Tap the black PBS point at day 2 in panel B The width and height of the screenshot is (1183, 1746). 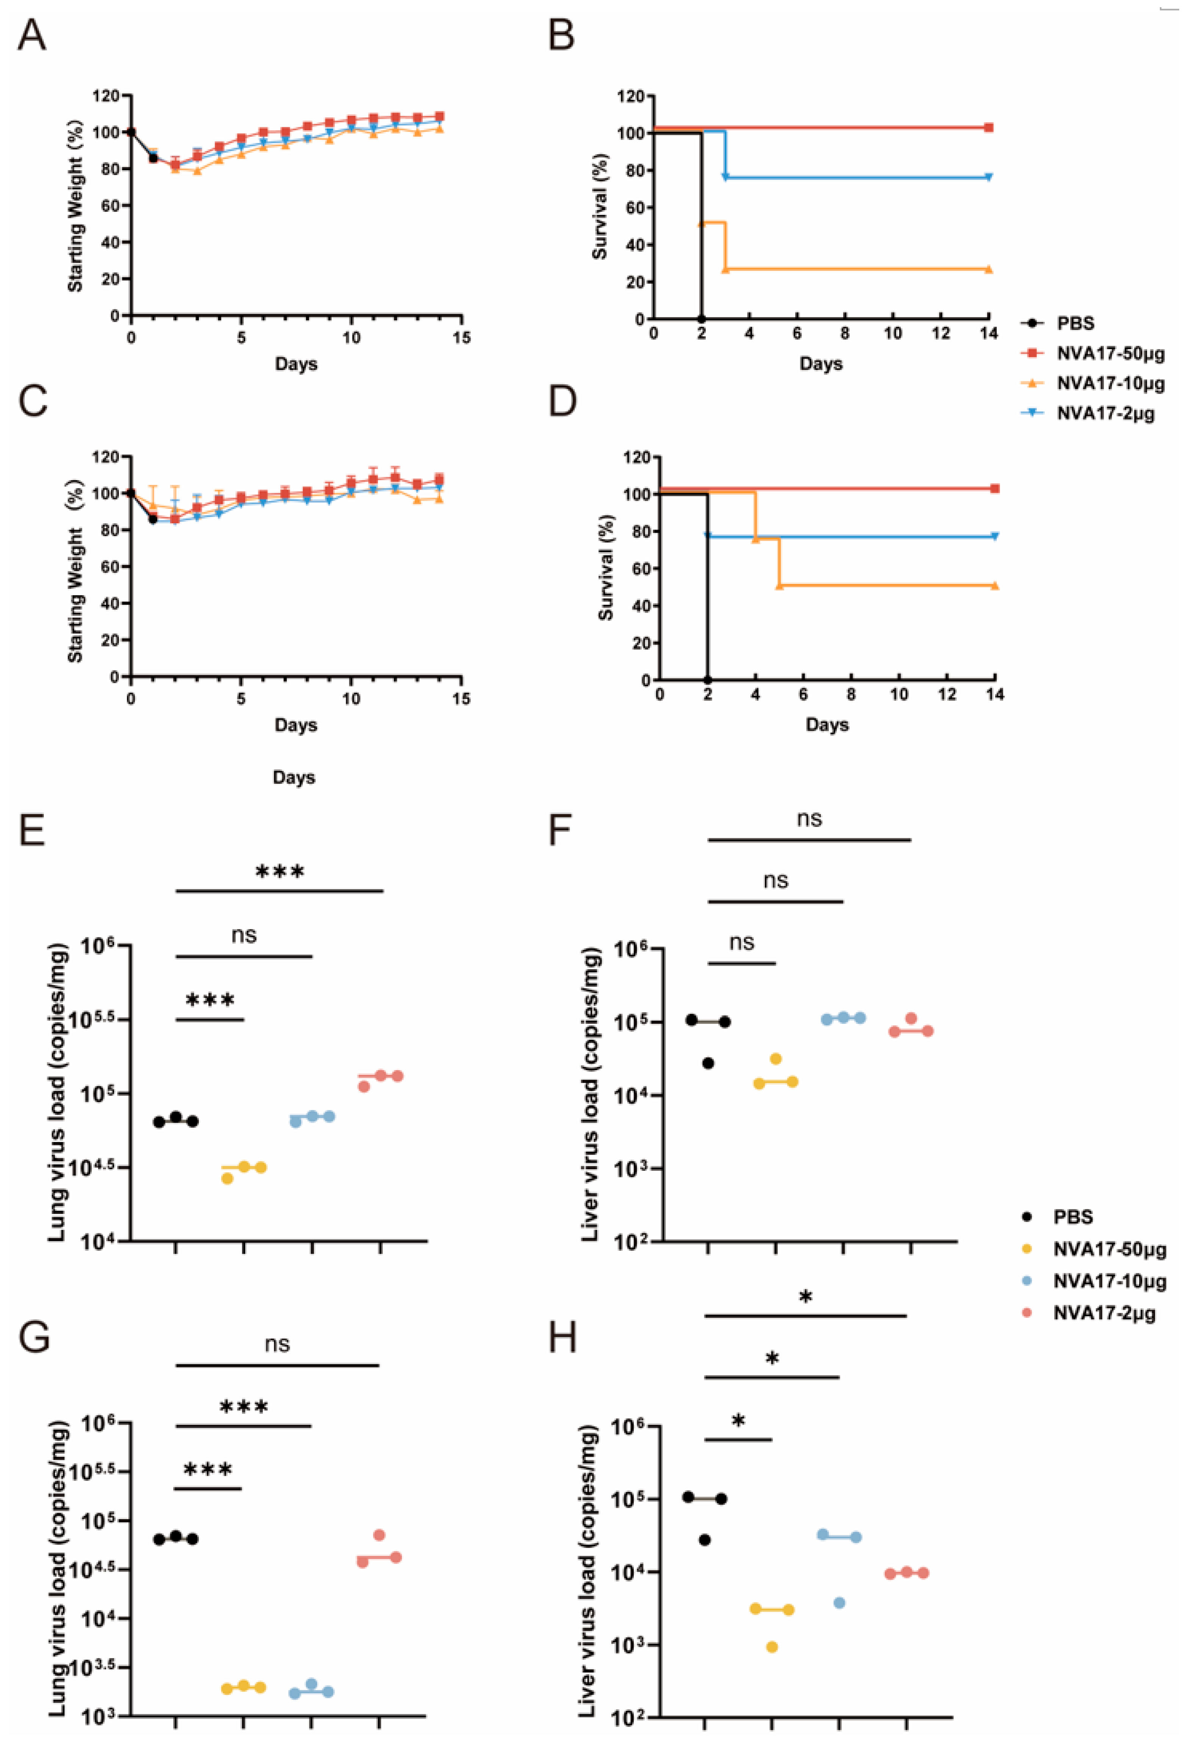click(701, 318)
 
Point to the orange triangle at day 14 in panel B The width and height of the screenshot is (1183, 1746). click(988, 269)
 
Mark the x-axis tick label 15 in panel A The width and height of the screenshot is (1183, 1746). click(461, 338)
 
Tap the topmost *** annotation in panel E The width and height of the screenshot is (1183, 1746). click(280, 872)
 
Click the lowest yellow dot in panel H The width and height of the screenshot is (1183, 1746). click(771, 1647)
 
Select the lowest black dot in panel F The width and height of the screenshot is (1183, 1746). click(707, 1063)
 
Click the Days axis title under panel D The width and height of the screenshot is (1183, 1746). click(827, 725)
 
